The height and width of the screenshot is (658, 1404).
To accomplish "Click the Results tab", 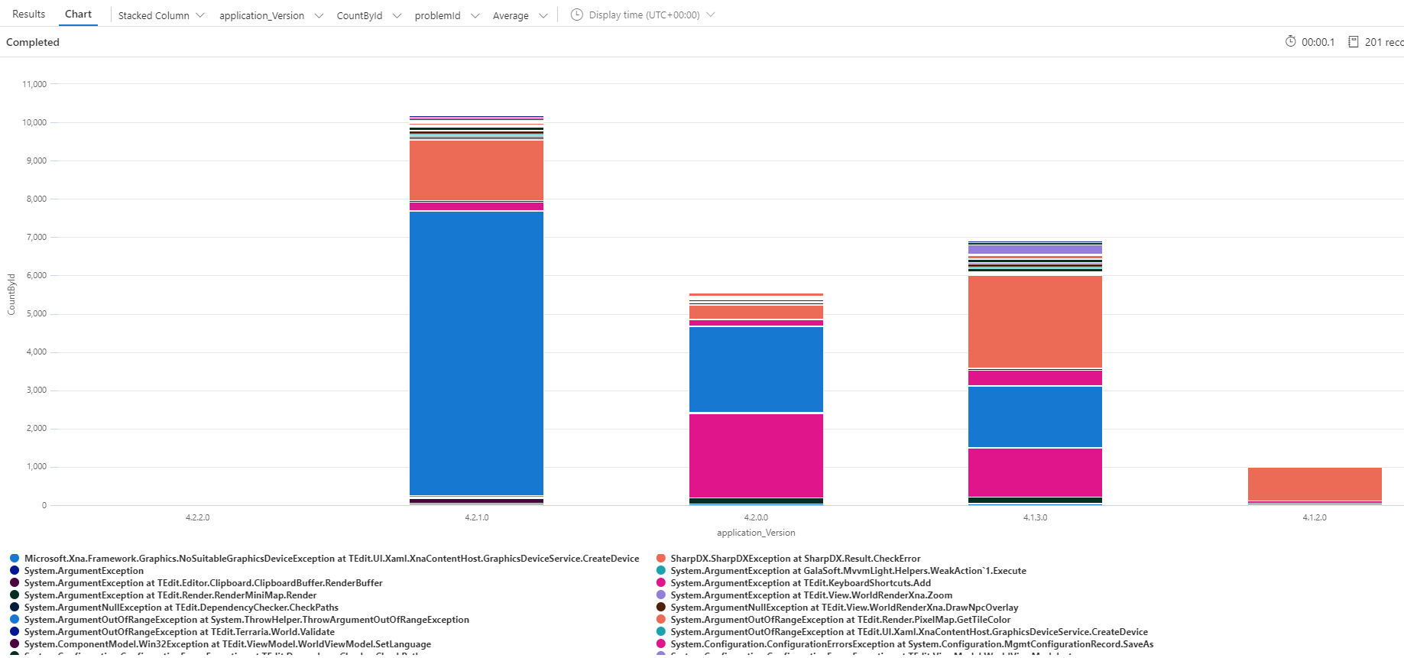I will (x=29, y=15).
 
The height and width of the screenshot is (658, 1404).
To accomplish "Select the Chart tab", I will (x=78, y=15).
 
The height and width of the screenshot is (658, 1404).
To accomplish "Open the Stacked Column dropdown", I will (x=161, y=15).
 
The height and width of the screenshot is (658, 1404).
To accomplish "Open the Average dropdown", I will (x=520, y=15).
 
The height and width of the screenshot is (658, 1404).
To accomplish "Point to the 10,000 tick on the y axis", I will (x=34, y=122).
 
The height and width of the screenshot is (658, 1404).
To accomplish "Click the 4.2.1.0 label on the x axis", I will (x=476, y=517).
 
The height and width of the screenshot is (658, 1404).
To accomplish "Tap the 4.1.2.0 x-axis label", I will (x=1314, y=517).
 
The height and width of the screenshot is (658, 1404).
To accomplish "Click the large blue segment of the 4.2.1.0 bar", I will (x=476, y=352).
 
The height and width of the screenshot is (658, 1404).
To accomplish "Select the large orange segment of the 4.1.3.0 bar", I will (x=1035, y=321).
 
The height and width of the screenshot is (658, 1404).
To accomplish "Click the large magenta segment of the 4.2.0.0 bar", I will (x=756, y=455).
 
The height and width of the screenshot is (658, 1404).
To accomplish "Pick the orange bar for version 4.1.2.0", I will (x=1314, y=484).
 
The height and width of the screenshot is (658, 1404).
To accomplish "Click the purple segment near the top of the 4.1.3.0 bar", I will (x=1035, y=249).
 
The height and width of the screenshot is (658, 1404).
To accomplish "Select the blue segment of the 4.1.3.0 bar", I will (x=1035, y=417).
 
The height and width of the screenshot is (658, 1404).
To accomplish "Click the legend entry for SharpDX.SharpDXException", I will (x=795, y=559).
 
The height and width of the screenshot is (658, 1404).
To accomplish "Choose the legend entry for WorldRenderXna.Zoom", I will (x=811, y=595).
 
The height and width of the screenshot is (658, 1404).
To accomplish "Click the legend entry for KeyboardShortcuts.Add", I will (x=800, y=583).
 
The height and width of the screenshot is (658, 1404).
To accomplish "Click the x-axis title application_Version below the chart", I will (x=755, y=533).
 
